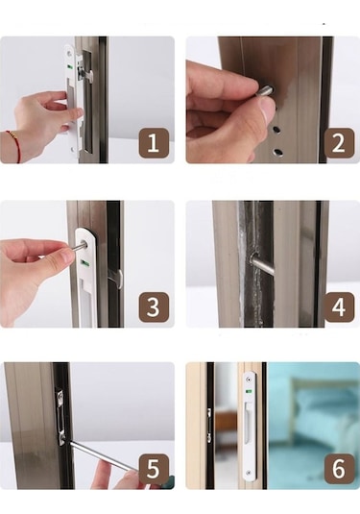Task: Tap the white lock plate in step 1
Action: pyautogui.click(x=71, y=96)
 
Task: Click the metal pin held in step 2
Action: pyautogui.click(x=264, y=91)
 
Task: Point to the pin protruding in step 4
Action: pyautogui.click(x=260, y=263)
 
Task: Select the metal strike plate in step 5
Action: pyautogui.click(x=60, y=415)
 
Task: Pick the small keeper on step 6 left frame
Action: pyautogui.click(x=208, y=423)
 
